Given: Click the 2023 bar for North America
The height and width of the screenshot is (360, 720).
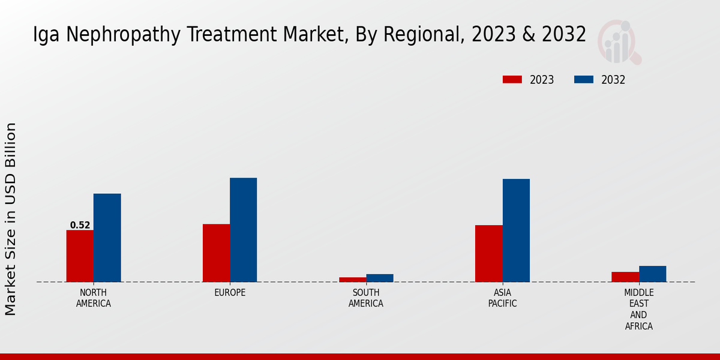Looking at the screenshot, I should tap(80, 256).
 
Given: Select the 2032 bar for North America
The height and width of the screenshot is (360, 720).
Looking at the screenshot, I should tap(107, 238).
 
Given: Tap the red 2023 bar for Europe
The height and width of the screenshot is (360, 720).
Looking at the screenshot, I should tap(216, 253).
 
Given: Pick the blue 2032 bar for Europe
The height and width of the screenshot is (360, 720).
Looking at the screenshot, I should tap(243, 230).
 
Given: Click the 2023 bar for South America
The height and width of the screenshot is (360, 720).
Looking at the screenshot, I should tap(352, 279).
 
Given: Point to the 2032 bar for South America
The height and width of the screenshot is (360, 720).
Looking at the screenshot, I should tap(380, 278).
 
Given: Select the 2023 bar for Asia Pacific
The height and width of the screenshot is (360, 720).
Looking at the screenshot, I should tap(488, 253).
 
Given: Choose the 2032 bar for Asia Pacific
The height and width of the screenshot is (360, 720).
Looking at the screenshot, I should tap(516, 230).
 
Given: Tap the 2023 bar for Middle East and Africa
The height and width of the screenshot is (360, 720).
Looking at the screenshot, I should tap(625, 277).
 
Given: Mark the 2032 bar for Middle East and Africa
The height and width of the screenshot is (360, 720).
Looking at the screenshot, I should tap(652, 274).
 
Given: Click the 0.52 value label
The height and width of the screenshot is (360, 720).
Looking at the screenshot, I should tap(80, 226).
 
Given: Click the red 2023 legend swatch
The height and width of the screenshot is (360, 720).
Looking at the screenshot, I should tap(512, 80).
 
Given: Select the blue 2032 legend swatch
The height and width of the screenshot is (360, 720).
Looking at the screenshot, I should tap(584, 80).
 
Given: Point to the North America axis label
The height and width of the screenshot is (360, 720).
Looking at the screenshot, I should tap(94, 298).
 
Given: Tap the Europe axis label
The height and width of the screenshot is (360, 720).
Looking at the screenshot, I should tap(230, 293).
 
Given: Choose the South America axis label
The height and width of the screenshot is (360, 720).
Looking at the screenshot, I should tap(366, 298).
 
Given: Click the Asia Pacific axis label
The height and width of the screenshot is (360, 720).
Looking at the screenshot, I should tap(502, 298).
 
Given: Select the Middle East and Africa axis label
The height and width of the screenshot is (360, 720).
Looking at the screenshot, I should tap(638, 310).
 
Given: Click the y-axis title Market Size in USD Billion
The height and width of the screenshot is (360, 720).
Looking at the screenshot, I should tap(11, 219).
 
